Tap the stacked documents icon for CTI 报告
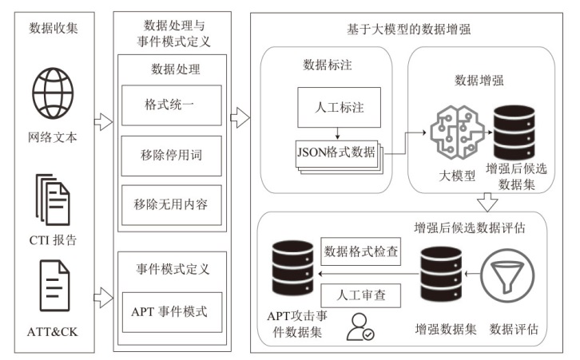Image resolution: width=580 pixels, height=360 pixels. (x=53, y=200)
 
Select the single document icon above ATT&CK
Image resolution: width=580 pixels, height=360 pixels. (x=54, y=285)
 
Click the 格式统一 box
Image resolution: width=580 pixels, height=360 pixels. (x=171, y=105)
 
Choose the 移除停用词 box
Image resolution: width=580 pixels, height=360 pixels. (x=171, y=154)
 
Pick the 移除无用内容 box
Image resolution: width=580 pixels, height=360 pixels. (x=171, y=204)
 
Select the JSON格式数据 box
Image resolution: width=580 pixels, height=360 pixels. (x=336, y=152)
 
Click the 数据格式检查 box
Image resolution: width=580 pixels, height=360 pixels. (x=360, y=251)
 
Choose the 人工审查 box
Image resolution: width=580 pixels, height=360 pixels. (x=360, y=294)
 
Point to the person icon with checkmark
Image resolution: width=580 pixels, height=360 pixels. (x=360, y=326)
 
